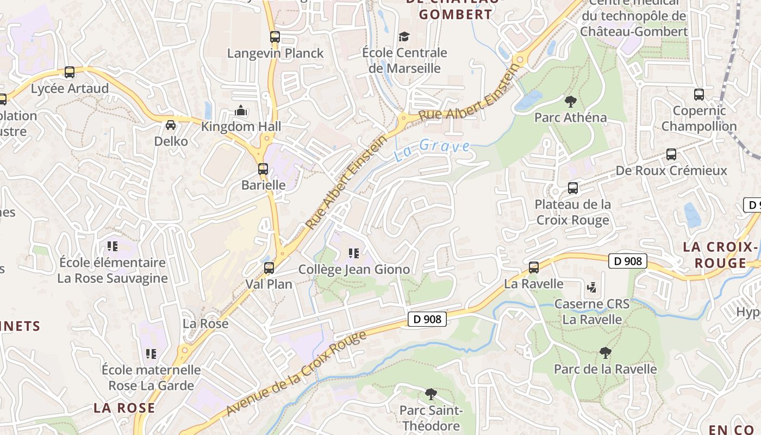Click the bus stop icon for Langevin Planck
click(275, 37)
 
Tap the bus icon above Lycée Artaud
click(70, 72)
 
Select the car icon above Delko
click(171, 125)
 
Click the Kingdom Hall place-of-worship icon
click(241, 110)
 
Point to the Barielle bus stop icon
click(263, 169)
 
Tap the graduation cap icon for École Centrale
click(404, 36)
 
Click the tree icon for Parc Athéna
click(570, 101)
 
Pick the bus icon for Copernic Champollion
click(699, 95)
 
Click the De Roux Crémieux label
click(671, 171)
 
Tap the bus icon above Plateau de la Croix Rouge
click(573, 188)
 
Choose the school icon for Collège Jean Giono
click(354, 253)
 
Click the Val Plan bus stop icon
click(269, 268)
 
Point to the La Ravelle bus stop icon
click(534, 267)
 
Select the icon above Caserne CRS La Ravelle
click(592, 287)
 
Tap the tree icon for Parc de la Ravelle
click(605, 353)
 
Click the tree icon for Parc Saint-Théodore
click(431, 393)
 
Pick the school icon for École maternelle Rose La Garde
click(151, 354)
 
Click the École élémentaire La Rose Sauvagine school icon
click(113, 246)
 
